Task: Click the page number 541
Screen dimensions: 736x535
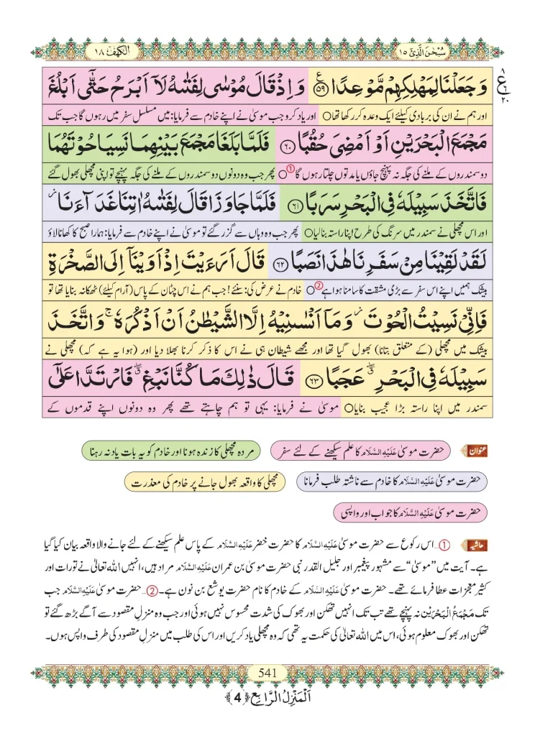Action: tap(267, 673)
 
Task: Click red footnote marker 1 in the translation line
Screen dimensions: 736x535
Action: tap(291, 170)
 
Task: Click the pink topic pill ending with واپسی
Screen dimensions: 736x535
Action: tap(411, 512)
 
